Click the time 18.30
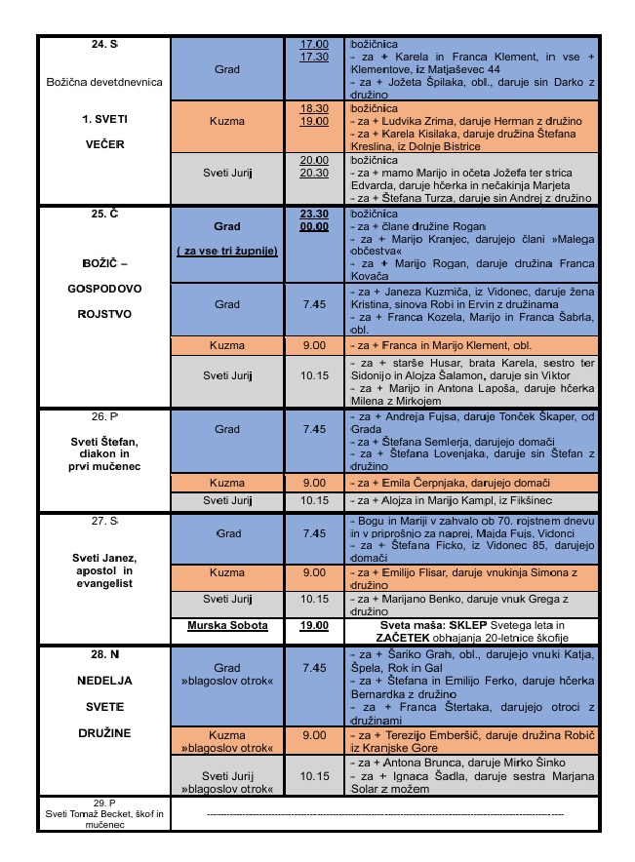coord(313,109)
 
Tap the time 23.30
coord(313,212)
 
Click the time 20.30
coord(313,173)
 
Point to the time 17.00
coord(313,45)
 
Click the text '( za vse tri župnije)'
coord(226,251)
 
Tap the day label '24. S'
coord(104,45)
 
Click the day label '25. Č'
coord(104,212)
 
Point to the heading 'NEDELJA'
coord(104,681)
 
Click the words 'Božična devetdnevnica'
coord(104,82)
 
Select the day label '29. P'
coord(104,802)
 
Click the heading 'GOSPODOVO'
coord(104,290)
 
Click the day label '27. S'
coord(104,521)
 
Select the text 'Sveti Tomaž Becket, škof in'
coord(104,812)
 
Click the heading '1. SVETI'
coord(104,118)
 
